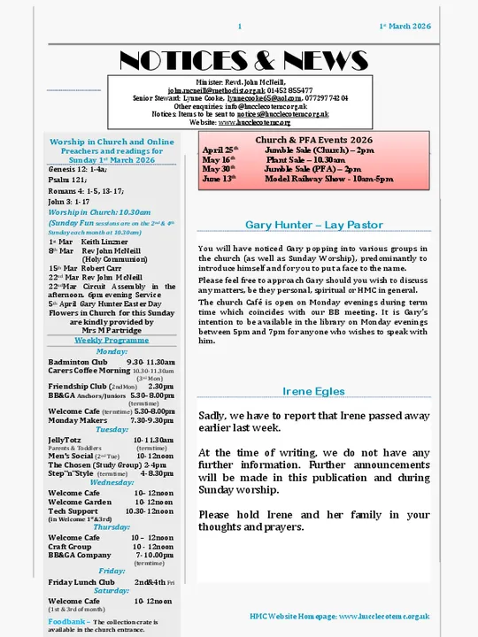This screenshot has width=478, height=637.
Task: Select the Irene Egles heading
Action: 314,391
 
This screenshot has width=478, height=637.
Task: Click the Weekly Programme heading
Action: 112,340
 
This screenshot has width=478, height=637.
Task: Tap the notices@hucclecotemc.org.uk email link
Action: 282,114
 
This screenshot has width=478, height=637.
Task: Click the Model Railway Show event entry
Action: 328,179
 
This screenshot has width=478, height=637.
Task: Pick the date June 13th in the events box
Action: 219,179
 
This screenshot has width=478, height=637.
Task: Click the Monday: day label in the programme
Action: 112,351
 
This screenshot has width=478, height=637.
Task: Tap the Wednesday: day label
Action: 112,482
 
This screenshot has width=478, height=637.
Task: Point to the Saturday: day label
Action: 112,590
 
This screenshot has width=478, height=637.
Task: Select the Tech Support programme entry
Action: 73,511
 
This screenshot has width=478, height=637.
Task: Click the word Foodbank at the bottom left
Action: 66,622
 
